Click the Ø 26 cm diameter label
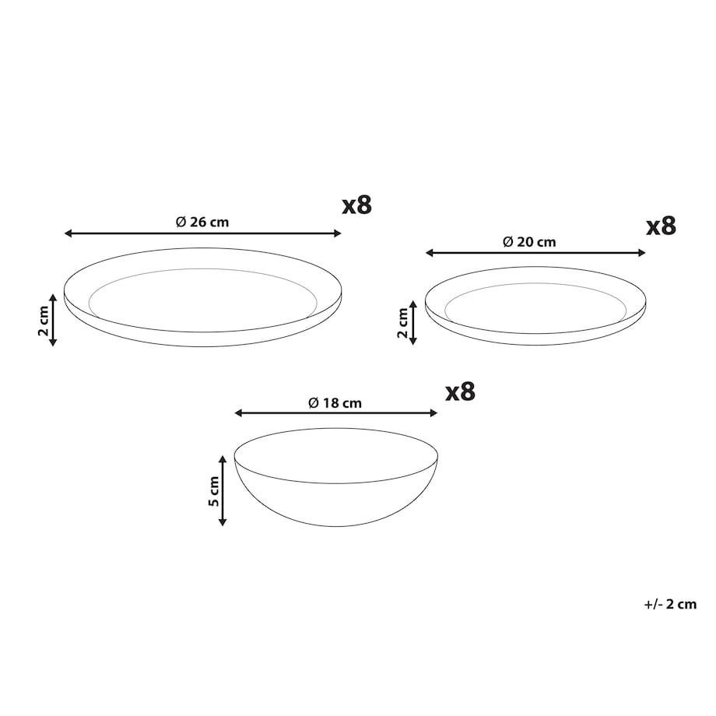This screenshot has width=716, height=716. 202,223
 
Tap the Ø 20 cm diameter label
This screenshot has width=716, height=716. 529,242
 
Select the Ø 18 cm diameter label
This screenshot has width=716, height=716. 335,403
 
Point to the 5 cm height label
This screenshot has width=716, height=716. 213,491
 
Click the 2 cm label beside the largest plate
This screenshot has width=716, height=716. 44,321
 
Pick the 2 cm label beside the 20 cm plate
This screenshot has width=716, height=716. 402,323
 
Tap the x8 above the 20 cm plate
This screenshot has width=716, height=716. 661,226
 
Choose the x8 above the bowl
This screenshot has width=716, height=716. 460,391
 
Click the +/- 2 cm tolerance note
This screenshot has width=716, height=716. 670,604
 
